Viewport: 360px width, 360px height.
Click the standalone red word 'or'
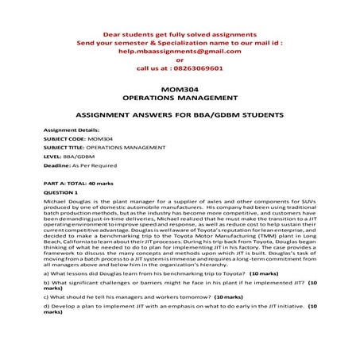point(180,60)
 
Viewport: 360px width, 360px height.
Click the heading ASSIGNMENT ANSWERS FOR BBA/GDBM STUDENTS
point(180,114)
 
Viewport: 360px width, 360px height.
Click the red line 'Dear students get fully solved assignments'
point(180,34)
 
